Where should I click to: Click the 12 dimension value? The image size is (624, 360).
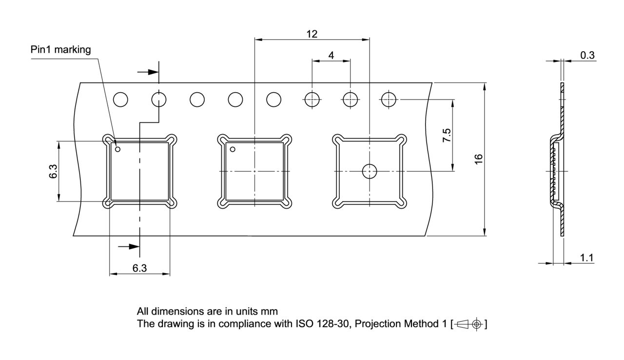point(312,34)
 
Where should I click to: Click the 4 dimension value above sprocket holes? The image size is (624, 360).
point(331,55)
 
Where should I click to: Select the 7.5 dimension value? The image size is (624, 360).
point(447,135)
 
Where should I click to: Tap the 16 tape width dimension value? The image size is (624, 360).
point(478,159)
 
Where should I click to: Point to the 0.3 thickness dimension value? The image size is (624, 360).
point(587,55)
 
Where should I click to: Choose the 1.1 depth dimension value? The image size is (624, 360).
point(586,258)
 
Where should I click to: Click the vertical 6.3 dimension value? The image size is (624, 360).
point(53,171)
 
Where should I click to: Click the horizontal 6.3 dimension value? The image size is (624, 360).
point(139,268)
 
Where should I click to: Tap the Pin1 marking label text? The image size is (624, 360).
point(60,50)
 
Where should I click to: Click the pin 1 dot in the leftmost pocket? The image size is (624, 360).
point(117,149)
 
